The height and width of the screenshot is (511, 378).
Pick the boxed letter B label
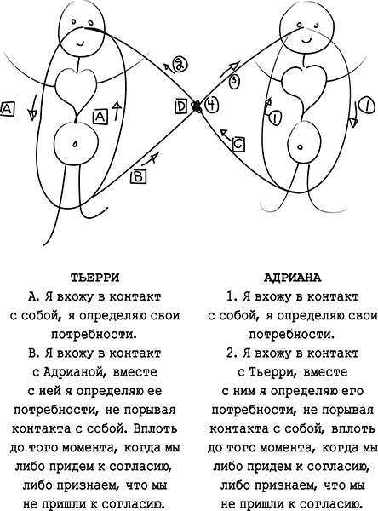coord(138,176)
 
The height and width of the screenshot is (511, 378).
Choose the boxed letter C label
coord(238,145)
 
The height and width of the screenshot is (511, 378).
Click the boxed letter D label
coord(181,106)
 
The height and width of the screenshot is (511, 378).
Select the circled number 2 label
coord(179,62)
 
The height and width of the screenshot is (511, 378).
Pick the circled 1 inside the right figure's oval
coord(275,117)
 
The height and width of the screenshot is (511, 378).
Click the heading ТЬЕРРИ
coord(95,277)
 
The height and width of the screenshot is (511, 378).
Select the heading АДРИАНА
coord(284,277)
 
